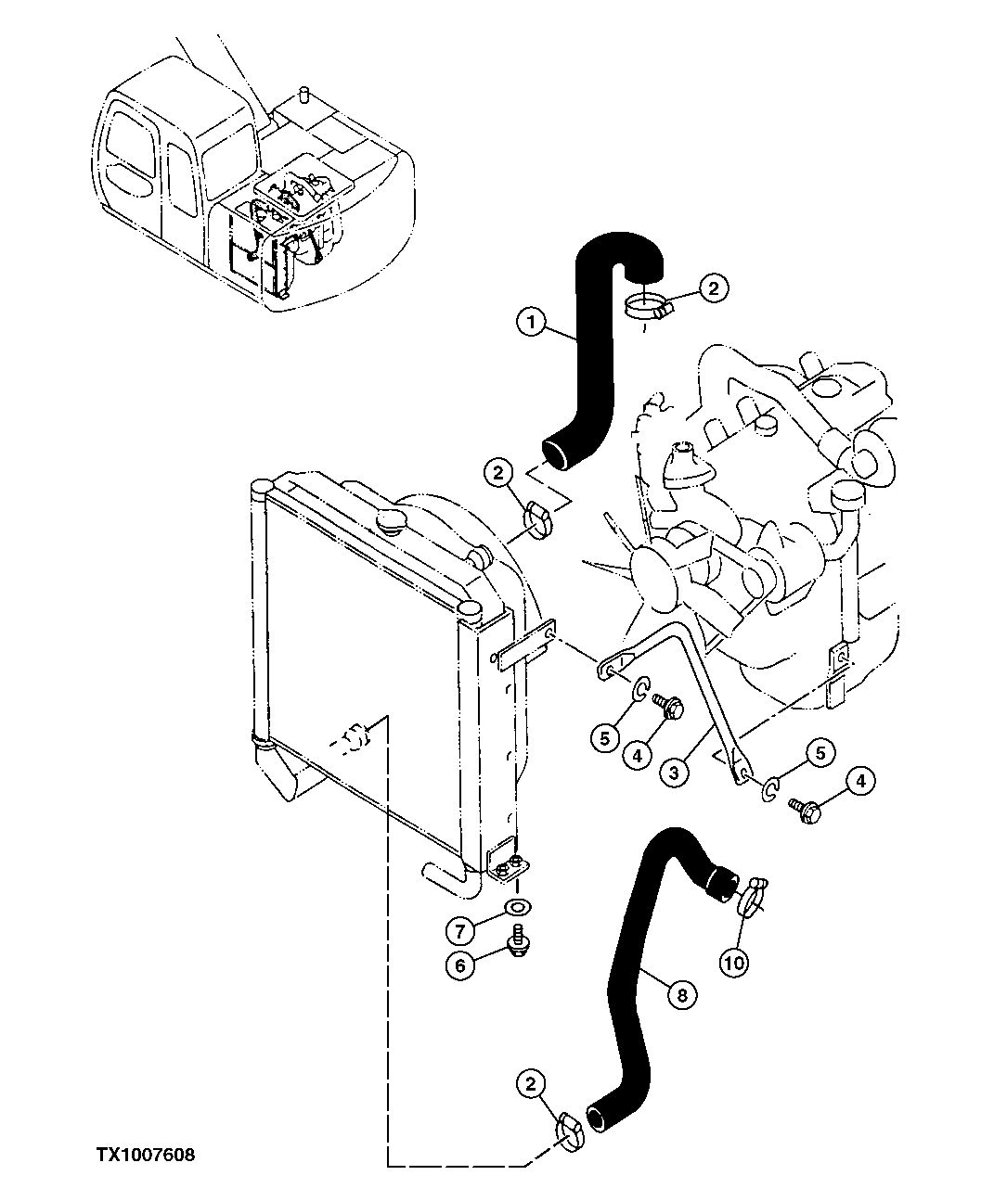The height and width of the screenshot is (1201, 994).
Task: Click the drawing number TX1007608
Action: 145,1156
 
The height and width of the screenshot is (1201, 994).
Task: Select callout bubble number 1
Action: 530,323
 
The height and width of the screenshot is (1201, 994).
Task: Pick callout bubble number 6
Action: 460,965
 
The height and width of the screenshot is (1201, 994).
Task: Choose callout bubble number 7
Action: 460,927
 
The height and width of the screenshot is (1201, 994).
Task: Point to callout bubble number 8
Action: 681,995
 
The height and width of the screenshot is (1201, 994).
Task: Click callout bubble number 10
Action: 733,963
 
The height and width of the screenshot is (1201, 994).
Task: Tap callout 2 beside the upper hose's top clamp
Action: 713,288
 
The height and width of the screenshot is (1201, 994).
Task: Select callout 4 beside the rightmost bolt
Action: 859,781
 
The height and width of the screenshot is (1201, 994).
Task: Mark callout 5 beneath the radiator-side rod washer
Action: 604,738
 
